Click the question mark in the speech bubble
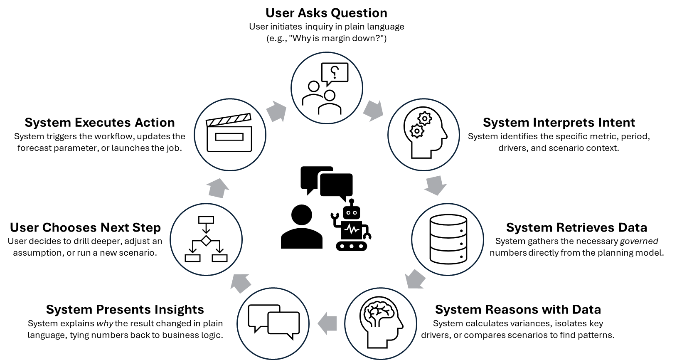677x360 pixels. pos(335,72)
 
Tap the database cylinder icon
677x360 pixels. pos(448,239)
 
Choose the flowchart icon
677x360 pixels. pos(206,239)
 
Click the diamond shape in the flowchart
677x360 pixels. pos(206,240)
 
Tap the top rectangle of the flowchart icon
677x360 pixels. pos(206,219)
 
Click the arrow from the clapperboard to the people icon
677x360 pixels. pos(276,111)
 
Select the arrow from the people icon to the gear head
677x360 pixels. pos(373,110)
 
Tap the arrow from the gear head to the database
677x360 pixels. pos(436,185)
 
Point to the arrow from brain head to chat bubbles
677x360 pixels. pos(327,323)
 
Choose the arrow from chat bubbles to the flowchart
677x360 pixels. pos(241,283)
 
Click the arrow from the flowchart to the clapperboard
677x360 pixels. pos(218,188)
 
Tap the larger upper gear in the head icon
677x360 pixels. pos(424,119)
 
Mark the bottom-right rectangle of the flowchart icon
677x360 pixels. pos(219,258)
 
